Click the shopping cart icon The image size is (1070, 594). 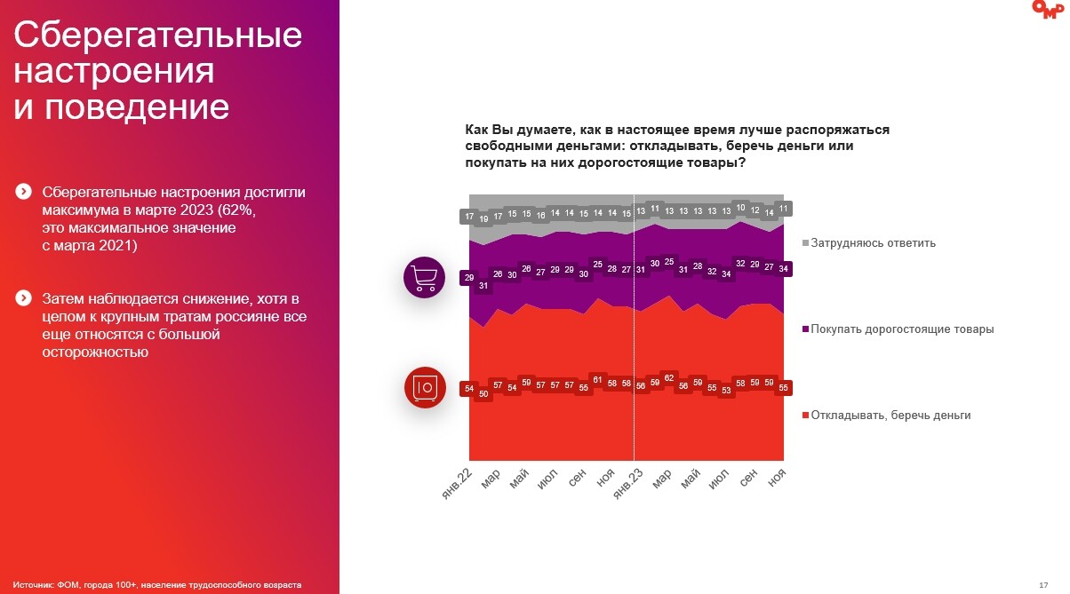tap(424, 277)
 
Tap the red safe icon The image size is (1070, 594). tap(424, 386)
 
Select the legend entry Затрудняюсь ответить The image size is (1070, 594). tap(872, 243)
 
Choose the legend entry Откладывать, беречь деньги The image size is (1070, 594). tap(890, 415)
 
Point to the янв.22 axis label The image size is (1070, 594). tap(457, 485)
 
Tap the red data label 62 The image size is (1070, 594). tap(670, 378)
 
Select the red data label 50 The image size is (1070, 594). tap(483, 394)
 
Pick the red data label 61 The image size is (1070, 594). tap(598, 380)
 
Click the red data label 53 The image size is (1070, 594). tap(727, 391)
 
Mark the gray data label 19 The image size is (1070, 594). tap(483, 219)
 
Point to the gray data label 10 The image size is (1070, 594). tap(741, 208)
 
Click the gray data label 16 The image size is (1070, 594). tap(540, 216)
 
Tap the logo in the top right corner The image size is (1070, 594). tap(1047, 9)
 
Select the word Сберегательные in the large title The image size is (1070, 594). tap(158, 36)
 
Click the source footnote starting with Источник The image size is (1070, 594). tap(157, 584)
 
